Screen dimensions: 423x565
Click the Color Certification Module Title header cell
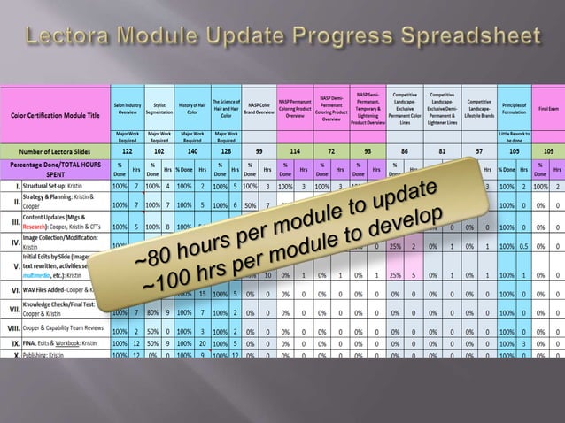(x=55, y=114)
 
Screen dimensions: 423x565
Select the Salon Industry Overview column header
(x=128, y=108)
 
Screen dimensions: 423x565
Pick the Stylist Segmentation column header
(x=159, y=108)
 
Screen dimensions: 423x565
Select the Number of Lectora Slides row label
(x=55, y=151)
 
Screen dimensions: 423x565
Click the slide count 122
(x=128, y=151)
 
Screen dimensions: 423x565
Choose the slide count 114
(x=295, y=151)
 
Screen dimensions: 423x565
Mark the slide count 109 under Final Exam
(x=548, y=151)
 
